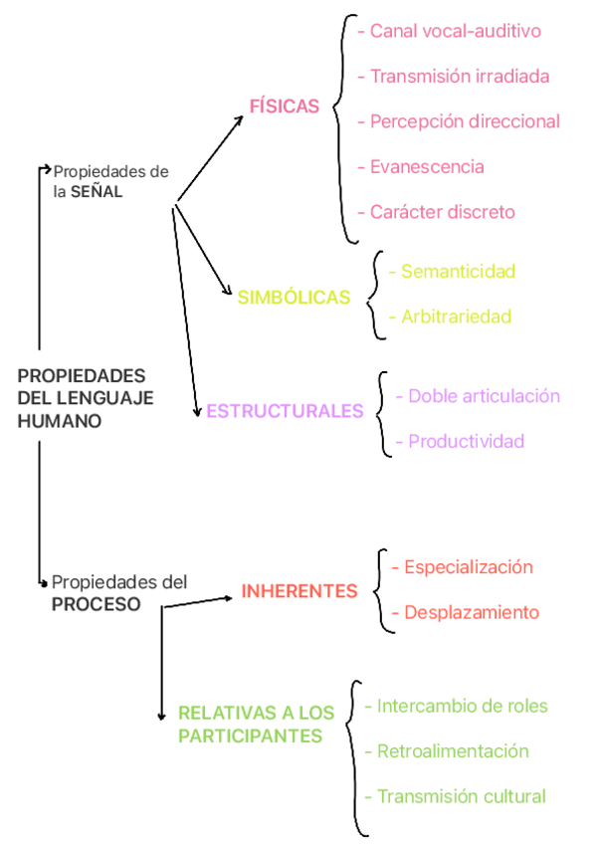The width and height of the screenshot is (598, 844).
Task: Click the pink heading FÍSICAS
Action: (285, 106)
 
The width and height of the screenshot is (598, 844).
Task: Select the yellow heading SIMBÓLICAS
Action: (294, 297)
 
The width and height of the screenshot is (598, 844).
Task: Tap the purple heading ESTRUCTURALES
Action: (285, 410)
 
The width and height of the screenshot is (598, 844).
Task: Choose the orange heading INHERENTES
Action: (299, 591)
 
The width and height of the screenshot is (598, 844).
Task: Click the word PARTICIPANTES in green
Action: (250, 737)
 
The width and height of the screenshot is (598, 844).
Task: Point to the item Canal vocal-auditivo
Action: (455, 31)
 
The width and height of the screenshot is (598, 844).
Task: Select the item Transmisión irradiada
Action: (459, 76)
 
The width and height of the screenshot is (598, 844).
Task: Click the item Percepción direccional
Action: (465, 121)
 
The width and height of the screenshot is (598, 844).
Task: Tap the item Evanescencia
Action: (427, 166)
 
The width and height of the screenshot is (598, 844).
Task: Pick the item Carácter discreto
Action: (442, 212)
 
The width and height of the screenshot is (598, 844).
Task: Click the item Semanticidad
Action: (458, 271)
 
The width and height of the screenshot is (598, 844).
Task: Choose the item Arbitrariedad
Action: (456, 316)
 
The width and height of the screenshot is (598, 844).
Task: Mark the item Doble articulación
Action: (484, 395)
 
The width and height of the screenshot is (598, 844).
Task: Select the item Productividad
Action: (466, 441)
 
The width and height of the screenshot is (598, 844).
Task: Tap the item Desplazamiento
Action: (471, 612)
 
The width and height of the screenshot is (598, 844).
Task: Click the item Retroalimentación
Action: (453, 750)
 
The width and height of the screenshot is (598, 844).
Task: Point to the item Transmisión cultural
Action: (462, 796)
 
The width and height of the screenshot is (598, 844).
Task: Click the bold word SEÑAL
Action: (97, 192)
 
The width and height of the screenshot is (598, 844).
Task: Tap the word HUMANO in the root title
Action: (60, 421)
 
